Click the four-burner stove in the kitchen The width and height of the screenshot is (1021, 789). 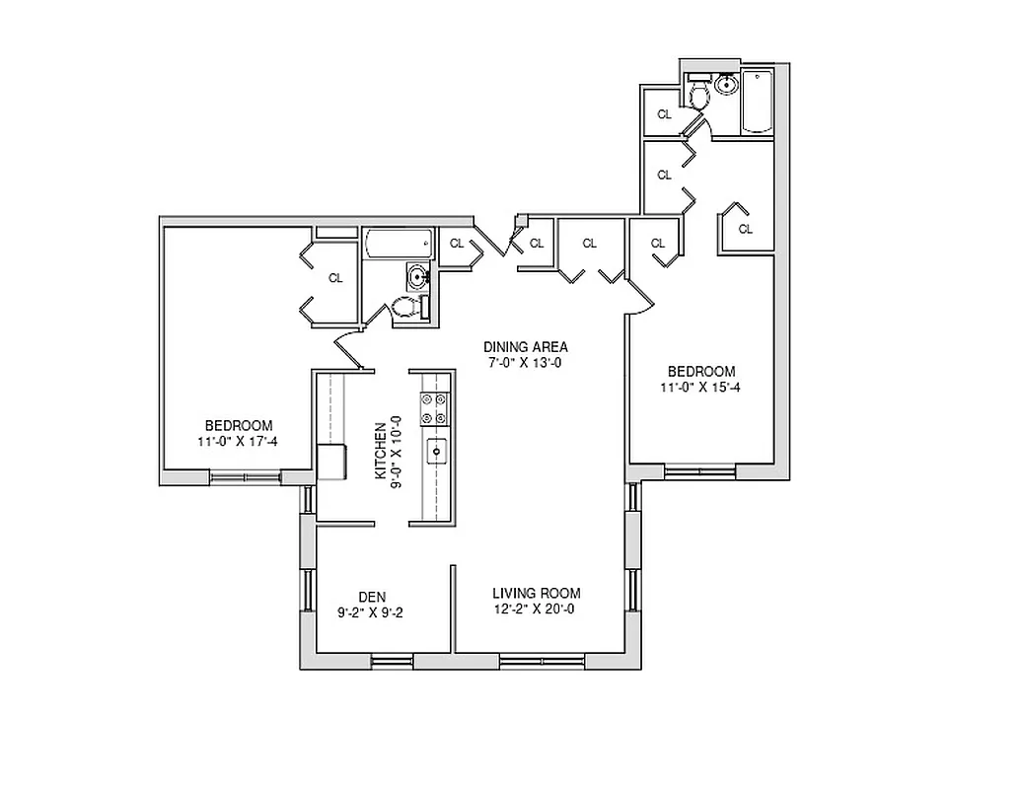pyautogui.click(x=433, y=409)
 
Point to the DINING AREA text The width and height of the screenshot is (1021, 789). pyautogui.click(x=525, y=346)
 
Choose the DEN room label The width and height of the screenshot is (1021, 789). pyautogui.click(x=371, y=596)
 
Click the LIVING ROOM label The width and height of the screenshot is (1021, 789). pyautogui.click(x=537, y=593)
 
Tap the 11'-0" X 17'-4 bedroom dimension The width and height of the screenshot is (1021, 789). pyautogui.click(x=237, y=441)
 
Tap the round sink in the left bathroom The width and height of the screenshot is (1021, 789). pyautogui.click(x=419, y=277)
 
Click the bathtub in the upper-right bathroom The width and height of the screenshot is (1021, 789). pyautogui.click(x=758, y=102)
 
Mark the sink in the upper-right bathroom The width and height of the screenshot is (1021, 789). pyautogui.click(x=727, y=86)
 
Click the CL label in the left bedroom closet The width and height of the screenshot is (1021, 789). pyautogui.click(x=335, y=278)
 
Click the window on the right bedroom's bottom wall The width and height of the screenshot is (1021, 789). pyautogui.click(x=699, y=471)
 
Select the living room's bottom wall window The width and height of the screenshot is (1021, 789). pyautogui.click(x=527, y=661)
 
